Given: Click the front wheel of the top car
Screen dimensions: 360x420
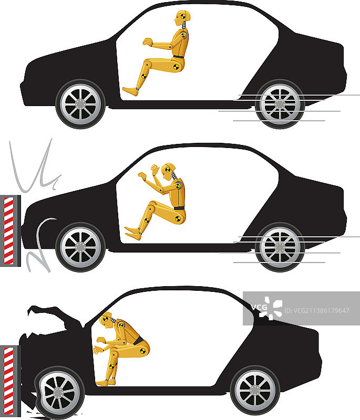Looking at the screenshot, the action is tap(80, 103).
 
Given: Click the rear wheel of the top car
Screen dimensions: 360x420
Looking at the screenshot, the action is tap(280, 103).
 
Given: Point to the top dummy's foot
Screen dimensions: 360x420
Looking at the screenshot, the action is tap(130, 91).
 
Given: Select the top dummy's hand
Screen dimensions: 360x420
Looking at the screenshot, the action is tap(148, 43).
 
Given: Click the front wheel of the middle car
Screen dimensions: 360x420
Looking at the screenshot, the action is tap(80, 247).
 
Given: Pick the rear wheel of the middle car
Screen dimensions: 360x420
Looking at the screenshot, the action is tap(280, 247).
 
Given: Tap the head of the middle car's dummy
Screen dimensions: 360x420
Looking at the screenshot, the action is tap(168, 172).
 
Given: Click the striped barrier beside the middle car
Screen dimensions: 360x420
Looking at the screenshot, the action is tap(10, 230).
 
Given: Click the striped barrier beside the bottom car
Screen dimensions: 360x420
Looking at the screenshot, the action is tap(10, 381).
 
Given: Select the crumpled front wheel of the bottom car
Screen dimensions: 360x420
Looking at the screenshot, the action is tap(59, 393).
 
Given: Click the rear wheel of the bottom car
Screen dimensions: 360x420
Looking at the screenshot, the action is tap(255, 390).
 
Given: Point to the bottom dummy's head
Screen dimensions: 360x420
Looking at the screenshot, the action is tap(106, 320).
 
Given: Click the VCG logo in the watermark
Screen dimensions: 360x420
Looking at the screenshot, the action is tap(267, 308).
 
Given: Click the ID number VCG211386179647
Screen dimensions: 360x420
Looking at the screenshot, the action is tap(316, 310).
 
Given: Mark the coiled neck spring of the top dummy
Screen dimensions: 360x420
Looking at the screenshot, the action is tap(184, 25).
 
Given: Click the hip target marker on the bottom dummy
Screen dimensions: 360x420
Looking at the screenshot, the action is tap(143, 351).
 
